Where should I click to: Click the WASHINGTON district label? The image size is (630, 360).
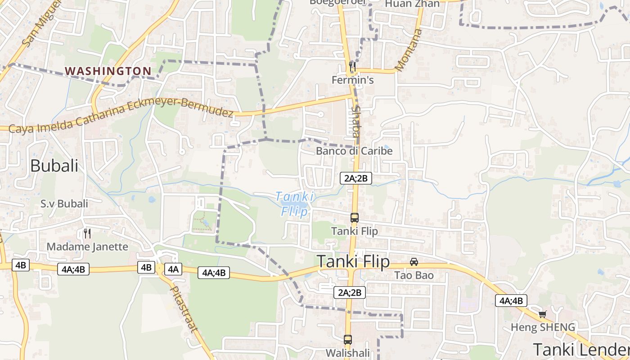(x=108, y=71)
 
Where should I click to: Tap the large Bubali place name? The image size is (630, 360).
(x=54, y=166)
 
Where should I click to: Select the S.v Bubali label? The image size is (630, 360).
(x=64, y=204)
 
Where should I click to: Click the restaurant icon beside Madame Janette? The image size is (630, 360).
(x=87, y=234)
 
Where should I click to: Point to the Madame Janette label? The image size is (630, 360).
(x=87, y=247)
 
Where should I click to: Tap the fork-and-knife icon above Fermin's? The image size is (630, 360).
(x=352, y=67)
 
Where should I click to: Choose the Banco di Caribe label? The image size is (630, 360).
(x=354, y=151)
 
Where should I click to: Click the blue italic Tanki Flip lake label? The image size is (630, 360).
(x=295, y=204)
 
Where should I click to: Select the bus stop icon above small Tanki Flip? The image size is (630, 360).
(x=355, y=218)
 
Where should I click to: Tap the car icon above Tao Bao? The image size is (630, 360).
(x=414, y=262)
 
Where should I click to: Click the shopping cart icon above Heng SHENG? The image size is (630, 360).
(x=542, y=314)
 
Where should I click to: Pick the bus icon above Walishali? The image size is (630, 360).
(x=347, y=340)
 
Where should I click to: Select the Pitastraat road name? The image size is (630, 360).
(x=184, y=309)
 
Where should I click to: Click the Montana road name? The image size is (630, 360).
(x=409, y=49)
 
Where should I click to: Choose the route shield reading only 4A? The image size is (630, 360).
(x=173, y=269)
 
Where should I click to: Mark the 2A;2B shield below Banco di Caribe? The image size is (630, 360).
(x=355, y=178)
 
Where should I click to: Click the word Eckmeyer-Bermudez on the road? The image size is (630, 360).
(x=180, y=108)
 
